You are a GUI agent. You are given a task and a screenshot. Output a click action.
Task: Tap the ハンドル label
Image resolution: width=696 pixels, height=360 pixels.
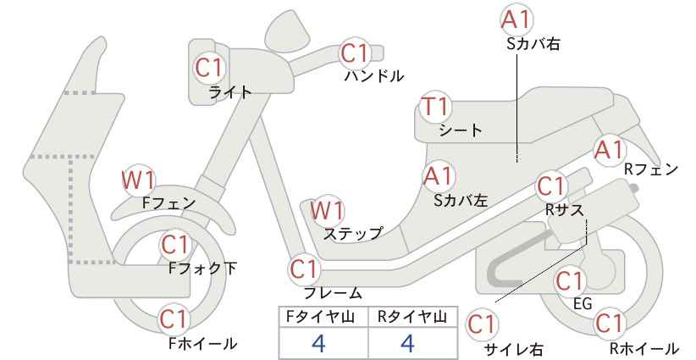point(374,76)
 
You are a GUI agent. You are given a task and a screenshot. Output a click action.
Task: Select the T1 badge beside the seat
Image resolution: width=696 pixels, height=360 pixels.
point(436,107)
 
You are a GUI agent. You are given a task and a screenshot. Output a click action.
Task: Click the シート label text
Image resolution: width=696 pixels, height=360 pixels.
point(461,130)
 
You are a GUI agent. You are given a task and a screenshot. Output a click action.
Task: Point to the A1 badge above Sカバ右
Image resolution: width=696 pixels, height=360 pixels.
point(516,19)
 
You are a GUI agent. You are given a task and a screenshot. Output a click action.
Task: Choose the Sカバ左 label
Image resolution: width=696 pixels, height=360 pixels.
point(461,200)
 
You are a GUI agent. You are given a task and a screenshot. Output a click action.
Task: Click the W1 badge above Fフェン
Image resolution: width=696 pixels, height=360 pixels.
point(139,180)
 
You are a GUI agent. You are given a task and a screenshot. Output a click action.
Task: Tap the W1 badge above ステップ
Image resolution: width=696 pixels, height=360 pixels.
point(327,210)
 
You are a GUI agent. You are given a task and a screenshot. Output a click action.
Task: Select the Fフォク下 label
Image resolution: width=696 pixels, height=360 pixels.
point(203,268)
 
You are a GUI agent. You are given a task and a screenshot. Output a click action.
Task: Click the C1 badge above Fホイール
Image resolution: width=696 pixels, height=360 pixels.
point(175,318)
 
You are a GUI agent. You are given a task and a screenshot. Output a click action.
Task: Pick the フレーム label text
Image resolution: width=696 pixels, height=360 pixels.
point(333,293)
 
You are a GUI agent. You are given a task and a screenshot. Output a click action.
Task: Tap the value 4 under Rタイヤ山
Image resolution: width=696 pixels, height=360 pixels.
point(407,343)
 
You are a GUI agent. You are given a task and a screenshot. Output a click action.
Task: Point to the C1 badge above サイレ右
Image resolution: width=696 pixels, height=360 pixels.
point(482,324)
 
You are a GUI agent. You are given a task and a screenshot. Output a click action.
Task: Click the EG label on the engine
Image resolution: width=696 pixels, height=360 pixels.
point(583,303)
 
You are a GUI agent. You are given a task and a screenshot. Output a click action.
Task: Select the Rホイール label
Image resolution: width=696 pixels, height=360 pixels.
point(644,348)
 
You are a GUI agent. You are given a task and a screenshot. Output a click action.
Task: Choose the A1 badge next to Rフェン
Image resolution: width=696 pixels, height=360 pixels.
point(609,150)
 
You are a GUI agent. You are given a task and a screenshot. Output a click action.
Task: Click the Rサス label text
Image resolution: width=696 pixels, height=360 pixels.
point(564,210)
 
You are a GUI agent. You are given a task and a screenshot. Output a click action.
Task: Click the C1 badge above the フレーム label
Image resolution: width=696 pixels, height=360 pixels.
point(304,269)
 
